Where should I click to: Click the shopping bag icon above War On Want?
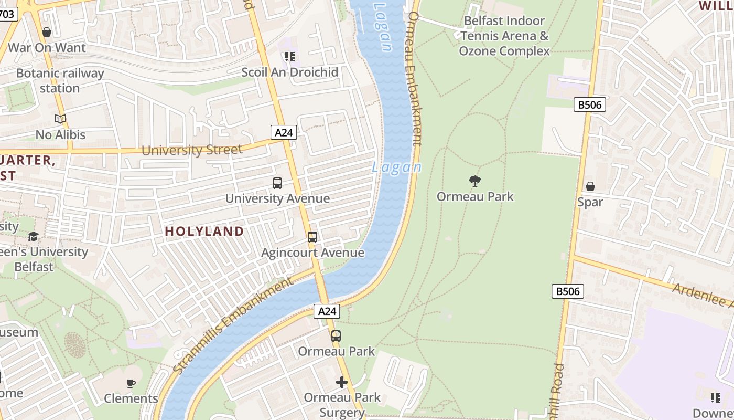click(47, 32)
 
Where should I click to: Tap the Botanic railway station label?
click(60, 80)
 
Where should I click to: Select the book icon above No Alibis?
click(60, 119)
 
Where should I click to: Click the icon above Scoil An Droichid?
click(290, 56)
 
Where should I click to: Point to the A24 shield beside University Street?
click(284, 132)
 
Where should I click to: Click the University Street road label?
click(192, 150)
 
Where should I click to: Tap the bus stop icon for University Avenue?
click(277, 183)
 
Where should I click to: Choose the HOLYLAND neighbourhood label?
click(204, 231)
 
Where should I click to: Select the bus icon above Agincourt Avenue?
click(312, 237)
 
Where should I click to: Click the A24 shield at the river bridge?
click(327, 311)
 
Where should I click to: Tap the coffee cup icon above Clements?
click(131, 383)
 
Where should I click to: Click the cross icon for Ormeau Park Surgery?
click(342, 382)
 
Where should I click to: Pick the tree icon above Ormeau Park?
click(475, 181)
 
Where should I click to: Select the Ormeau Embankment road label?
click(415, 79)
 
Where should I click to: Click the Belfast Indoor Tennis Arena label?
click(504, 36)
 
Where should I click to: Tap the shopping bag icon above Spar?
click(590, 186)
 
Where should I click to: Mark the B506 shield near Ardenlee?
click(568, 291)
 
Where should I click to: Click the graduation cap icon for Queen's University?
click(34, 236)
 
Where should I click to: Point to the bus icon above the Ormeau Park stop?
click(336, 336)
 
